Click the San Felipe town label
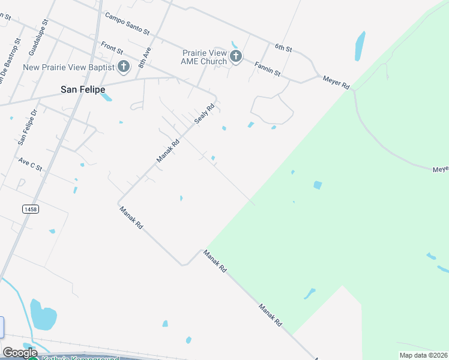(x=83, y=89)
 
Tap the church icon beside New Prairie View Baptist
(x=124, y=66)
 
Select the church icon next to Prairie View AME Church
(x=236, y=57)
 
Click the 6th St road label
(x=283, y=47)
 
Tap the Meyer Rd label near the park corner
(x=336, y=82)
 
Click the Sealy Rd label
(x=204, y=112)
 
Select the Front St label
(x=112, y=46)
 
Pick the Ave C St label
(x=31, y=163)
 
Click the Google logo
(x=20, y=353)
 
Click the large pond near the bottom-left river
(x=43, y=315)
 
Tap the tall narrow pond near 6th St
(x=360, y=46)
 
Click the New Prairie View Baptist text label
(x=68, y=67)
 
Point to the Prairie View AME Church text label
(x=205, y=57)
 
